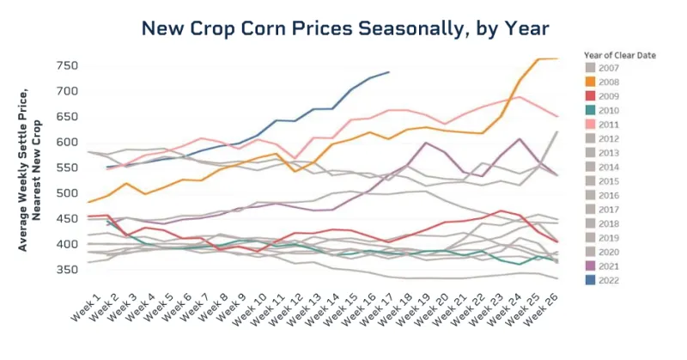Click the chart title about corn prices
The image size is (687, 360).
tap(344, 28)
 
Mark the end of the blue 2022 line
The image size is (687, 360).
tap(389, 72)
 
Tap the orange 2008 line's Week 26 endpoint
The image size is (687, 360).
tap(558, 58)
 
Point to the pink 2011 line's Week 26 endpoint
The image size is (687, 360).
tap(558, 116)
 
